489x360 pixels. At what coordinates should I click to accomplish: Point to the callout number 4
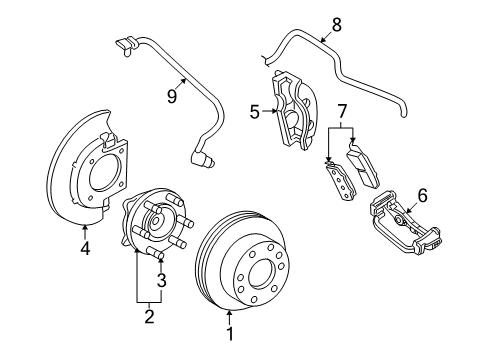click(x=85, y=248)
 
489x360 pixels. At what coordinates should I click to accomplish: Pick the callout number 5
click(x=256, y=113)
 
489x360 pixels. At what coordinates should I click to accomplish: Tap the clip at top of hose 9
click(x=122, y=41)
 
